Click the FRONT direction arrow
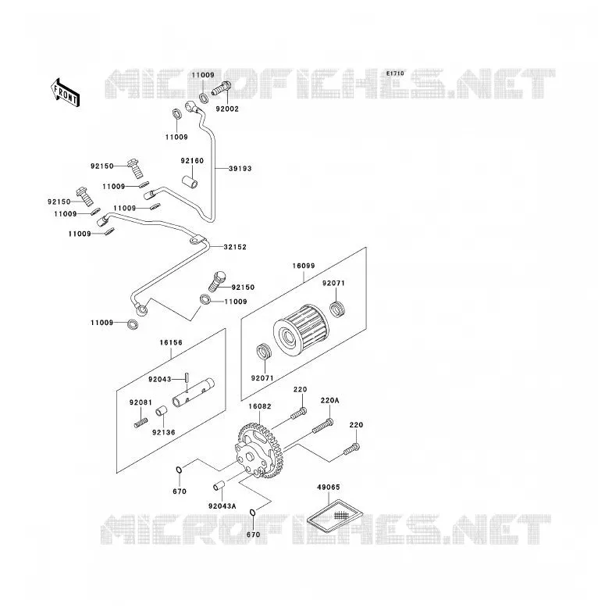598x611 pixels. (x=66, y=93)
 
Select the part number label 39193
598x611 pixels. (x=240, y=169)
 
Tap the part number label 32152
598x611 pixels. (x=235, y=247)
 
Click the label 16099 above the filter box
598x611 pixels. (x=304, y=266)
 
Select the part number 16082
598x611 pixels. (x=260, y=406)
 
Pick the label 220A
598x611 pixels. (x=329, y=401)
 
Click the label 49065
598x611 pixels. (x=328, y=488)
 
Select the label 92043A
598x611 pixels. (x=222, y=506)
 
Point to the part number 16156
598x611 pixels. (x=171, y=342)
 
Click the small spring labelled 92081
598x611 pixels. (x=141, y=423)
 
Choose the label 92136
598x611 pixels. (x=163, y=433)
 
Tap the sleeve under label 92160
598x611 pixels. (x=190, y=182)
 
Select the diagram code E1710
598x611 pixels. (x=395, y=73)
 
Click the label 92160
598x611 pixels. (x=192, y=161)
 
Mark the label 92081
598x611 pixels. (x=141, y=402)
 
